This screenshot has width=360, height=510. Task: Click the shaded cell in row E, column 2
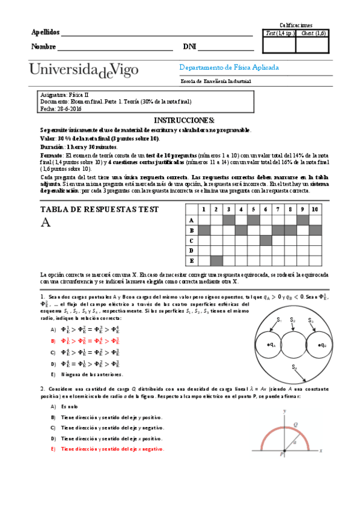coord(216,260)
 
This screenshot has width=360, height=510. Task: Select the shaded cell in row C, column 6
coord(265,240)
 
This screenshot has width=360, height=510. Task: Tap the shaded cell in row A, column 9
coord(302,220)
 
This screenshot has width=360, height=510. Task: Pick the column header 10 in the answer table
coord(314,209)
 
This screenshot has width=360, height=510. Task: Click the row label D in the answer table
coord(191,250)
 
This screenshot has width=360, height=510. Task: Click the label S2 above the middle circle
coord(293,319)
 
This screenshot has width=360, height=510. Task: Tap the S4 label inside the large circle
coord(294,366)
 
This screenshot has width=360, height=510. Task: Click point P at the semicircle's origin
coord(281,456)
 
